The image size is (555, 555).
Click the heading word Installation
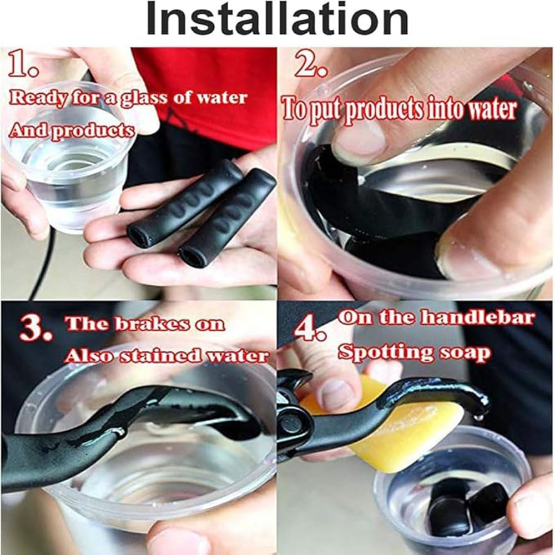[x=277, y=18]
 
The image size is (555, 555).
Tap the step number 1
[x=23, y=63]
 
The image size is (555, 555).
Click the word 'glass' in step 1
[x=144, y=98]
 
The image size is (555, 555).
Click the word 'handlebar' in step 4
[x=477, y=317]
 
